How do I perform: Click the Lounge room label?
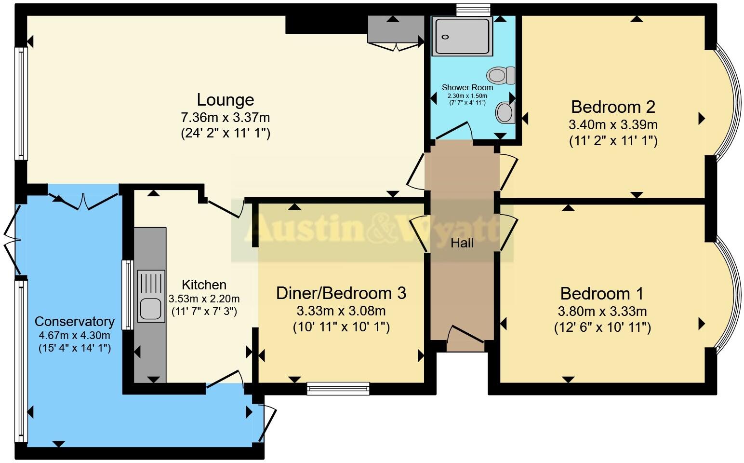coord(225,100)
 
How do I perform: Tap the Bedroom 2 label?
coord(613,107)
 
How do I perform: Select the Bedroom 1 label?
coord(602,294)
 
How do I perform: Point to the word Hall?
coord(462,243)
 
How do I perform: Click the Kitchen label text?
coord(204,285)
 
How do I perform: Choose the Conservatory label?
coord(75,322)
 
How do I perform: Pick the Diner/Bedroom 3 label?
coord(341,293)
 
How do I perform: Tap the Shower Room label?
coord(467,88)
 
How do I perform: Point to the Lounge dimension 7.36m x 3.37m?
coord(225,117)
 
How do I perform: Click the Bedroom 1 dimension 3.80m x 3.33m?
coord(602,311)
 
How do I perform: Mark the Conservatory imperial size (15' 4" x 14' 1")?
coord(75,348)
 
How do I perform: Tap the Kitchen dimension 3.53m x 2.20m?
coord(204,299)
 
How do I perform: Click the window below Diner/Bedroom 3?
coord(338,388)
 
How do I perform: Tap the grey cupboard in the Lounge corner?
coord(393,29)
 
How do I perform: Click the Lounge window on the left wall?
coord(21,103)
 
